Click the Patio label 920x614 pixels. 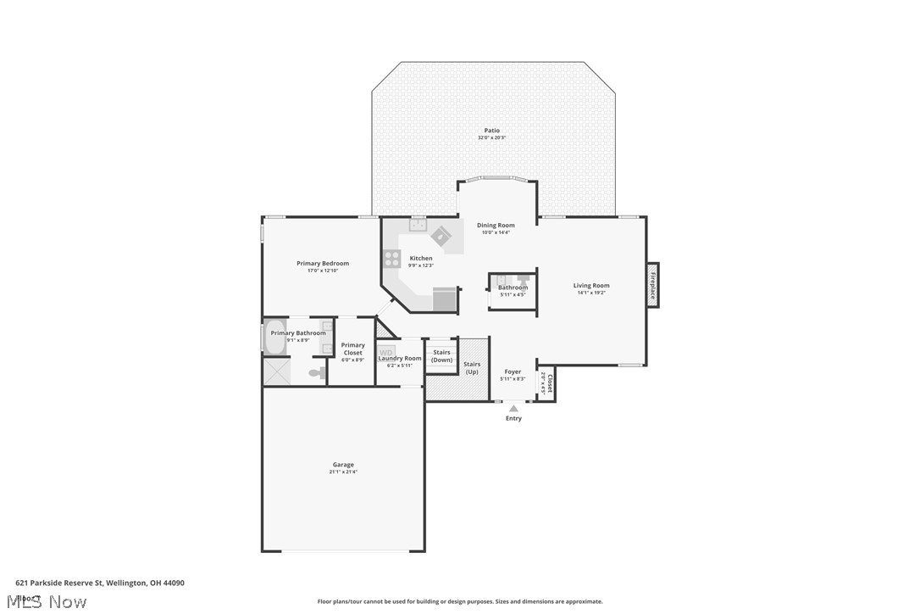click(491, 131)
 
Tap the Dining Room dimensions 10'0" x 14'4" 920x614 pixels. click(496, 232)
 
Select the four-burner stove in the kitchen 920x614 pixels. click(392, 259)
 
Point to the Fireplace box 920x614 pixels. click(652, 285)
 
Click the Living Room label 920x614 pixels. click(590, 286)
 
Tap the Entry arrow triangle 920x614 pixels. click(513, 409)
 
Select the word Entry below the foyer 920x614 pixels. click(513, 418)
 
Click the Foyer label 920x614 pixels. click(513, 371)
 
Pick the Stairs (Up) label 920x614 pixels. click(472, 368)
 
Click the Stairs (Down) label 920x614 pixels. click(441, 356)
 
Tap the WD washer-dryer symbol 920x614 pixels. click(386, 351)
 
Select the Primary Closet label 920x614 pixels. click(353, 349)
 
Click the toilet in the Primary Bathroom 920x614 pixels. click(317, 372)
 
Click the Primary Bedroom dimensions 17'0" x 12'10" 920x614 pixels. click(322, 271)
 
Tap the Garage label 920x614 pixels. click(343, 465)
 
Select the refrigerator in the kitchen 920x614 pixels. click(445, 299)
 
